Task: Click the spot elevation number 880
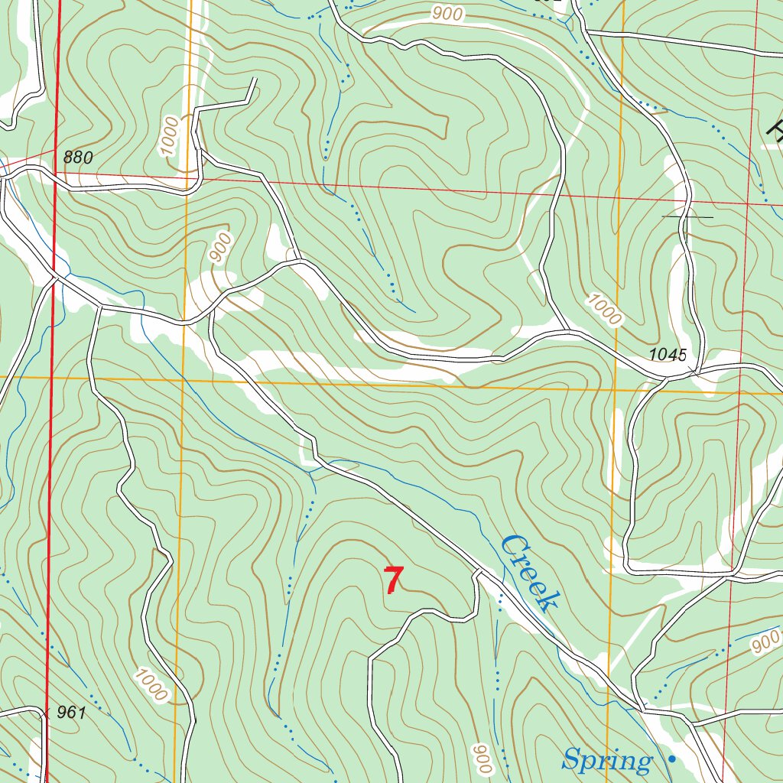point(78,158)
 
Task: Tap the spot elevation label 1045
point(668,354)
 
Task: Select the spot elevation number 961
point(70,713)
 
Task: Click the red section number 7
point(393,580)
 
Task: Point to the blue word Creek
point(528,573)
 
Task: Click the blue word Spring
point(607,761)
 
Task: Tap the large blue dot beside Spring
point(671,759)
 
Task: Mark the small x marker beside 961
point(46,713)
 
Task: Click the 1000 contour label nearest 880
point(170,137)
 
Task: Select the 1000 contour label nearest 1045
point(604,310)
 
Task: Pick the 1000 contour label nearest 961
point(150,684)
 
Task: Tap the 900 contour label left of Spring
point(481,759)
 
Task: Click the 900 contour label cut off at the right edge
point(766,643)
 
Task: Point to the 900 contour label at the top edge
point(447,13)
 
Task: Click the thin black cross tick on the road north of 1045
point(687,217)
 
